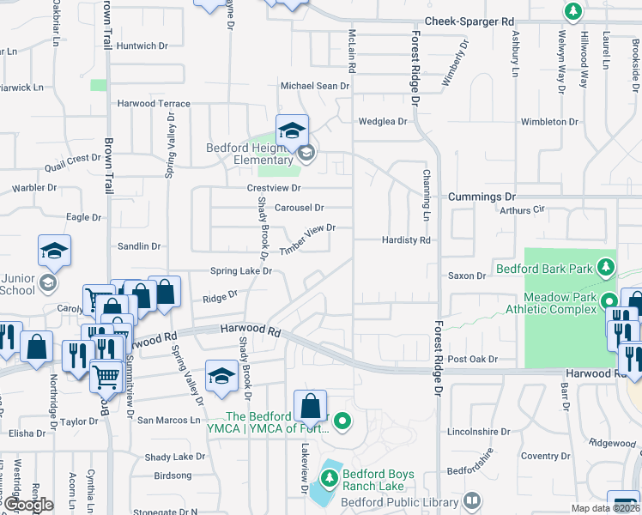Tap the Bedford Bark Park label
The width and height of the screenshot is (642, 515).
pyautogui.click(x=544, y=269)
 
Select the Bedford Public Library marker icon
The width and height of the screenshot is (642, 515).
pyautogui.click(x=472, y=500)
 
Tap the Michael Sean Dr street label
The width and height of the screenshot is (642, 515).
pyautogui.click(x=316, y=86)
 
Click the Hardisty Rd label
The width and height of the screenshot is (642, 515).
pyautogui.click(x=406, y=241)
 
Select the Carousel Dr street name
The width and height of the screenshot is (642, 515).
pyautogui.click(x=299, y=208)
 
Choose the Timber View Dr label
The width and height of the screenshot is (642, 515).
pyautogui.click(x=306, y=239)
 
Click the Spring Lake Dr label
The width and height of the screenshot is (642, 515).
pyautogui.click(x=241, y=271)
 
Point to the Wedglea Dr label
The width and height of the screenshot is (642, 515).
pyautogui.click(x=382, y=122)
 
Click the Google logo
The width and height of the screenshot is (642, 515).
pyautogui.click(x=28, y=505)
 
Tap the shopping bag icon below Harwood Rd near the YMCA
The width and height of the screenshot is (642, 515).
pyautogui.click(x=310, y=406)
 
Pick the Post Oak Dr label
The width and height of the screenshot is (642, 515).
pyautogui.click(x=469, y=359)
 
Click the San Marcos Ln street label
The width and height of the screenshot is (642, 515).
pyautogui.click(x=168, y=421)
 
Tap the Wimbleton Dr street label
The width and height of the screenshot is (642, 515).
pyautogui.click(x=549, y=122)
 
